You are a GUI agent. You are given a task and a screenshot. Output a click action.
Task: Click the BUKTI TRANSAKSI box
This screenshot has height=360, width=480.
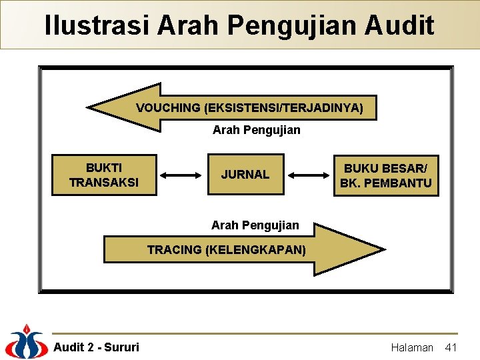(104, 175)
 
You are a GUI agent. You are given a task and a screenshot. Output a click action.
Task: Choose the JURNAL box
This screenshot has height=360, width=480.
(245, 175)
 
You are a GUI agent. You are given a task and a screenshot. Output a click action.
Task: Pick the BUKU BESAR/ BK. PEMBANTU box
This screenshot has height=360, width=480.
(386, 175)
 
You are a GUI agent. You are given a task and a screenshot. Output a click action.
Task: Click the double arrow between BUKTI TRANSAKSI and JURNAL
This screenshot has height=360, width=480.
(182, 175)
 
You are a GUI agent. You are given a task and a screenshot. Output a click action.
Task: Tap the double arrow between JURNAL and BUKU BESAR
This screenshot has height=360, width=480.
(309, 175)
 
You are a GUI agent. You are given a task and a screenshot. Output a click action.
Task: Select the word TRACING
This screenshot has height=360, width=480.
(174, 250)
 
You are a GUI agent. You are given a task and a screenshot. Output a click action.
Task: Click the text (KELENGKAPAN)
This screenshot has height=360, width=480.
(256, 250)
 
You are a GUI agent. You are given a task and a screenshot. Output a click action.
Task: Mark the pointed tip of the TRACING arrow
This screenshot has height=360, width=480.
(383, 250)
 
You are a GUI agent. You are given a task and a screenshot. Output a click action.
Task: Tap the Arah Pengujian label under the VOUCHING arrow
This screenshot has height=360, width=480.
(256, 130)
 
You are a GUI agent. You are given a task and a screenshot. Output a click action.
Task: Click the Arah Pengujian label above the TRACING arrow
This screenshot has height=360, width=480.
(255, 225)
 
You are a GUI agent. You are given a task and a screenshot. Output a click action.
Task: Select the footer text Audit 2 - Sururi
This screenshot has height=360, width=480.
(96, 347)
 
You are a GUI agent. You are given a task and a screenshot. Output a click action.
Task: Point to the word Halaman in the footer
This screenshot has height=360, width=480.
(411, 347)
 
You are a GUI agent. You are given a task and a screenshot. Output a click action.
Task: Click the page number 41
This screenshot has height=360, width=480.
(451, 347)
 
